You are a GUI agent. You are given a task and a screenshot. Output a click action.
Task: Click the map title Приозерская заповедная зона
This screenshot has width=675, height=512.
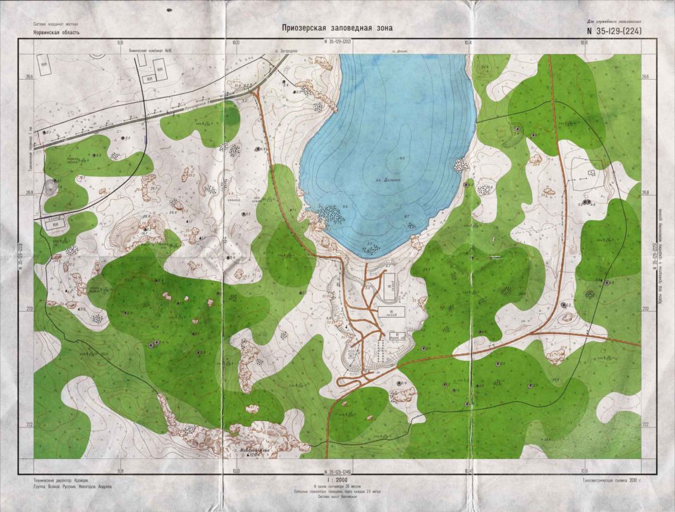coord(337,28)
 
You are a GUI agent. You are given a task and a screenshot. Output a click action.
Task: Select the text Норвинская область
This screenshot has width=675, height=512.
coord(57,32)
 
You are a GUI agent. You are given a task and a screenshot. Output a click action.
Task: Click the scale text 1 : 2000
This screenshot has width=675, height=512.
coord(336,480)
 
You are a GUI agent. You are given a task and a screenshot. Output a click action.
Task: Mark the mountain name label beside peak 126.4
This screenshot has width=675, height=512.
coord(252,450)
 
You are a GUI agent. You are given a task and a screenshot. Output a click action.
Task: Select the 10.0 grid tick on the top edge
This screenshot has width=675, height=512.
coord(236,42)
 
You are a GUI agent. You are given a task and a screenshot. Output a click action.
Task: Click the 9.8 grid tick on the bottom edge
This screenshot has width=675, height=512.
coord(120,470)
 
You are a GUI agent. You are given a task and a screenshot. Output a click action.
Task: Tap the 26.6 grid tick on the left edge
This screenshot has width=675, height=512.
coord(29,77)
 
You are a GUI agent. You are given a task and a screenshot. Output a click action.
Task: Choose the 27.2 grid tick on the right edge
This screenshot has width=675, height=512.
coord(645,424)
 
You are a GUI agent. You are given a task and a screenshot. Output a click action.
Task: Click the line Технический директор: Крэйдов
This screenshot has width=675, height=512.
coord(62,480)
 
